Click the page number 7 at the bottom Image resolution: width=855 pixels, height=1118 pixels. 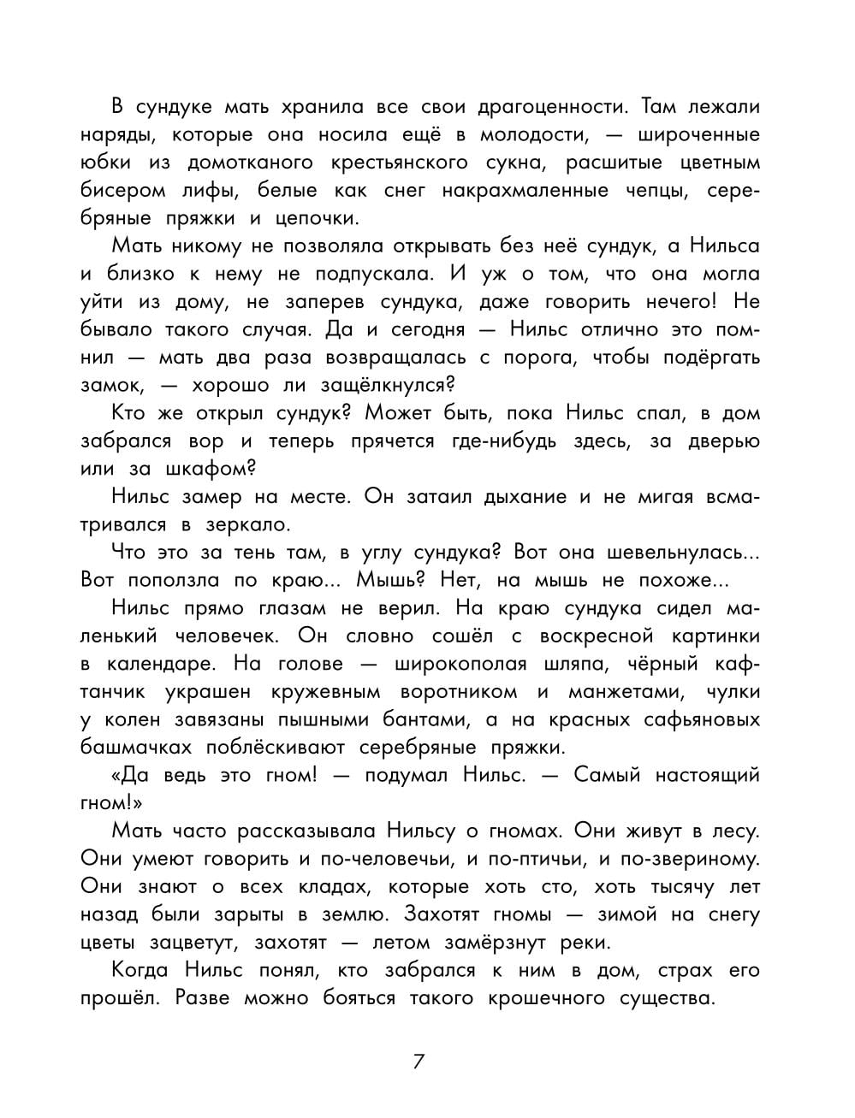[x=419, y=1062]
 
